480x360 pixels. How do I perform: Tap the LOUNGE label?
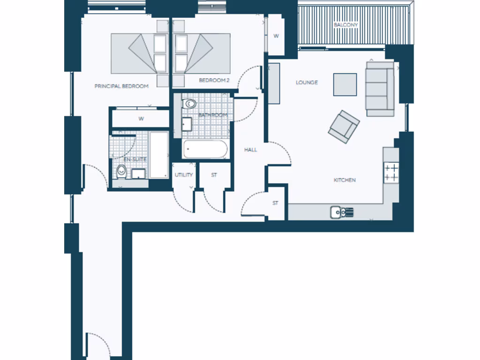307,82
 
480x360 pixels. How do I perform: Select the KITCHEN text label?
345,180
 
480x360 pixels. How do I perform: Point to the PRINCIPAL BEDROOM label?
121,86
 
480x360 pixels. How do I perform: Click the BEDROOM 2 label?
214,81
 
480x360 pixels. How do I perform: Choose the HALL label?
251,150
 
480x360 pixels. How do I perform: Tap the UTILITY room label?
184,175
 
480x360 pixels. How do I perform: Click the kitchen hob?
391,172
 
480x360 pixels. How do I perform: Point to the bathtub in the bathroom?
205,150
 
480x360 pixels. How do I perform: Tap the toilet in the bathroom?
189,103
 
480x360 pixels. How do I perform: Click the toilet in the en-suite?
121,172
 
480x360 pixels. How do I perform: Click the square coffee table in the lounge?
345,84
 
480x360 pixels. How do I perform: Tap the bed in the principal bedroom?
141,53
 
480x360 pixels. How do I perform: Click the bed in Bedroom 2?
202,53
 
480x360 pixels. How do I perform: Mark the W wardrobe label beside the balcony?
276,36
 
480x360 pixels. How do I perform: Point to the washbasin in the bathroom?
187,124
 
